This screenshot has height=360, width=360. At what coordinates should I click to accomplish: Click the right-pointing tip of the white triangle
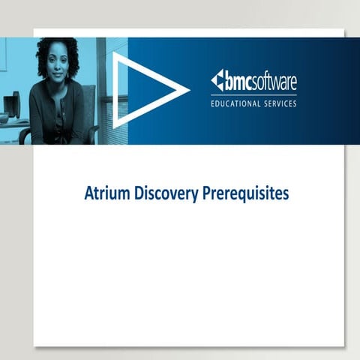[187, 90]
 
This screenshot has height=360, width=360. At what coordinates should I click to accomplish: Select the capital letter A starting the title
[88, 193]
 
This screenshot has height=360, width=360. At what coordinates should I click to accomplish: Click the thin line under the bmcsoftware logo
[253, 93]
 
